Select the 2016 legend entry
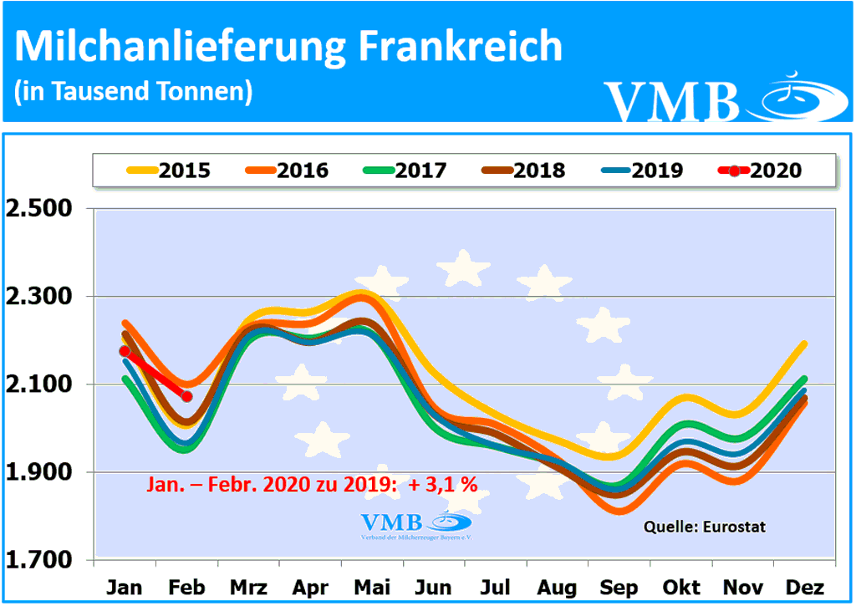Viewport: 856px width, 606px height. (288, 171)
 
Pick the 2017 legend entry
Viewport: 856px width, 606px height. (406, 171)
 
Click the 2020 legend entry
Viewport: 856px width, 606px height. (761, 171)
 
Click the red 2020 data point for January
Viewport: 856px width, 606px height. (125, 351)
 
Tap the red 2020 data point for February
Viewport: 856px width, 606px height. (186, 396)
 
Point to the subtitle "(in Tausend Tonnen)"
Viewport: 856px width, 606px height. (134, 91)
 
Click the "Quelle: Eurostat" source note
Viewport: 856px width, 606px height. (705, 527)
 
